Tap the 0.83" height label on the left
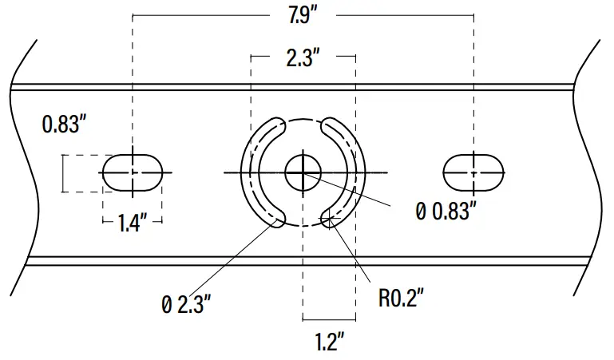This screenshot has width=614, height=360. tap(64, 125)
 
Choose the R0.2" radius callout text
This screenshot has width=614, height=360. tap(400, 299)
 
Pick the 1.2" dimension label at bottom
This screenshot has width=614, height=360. tap(328, 342)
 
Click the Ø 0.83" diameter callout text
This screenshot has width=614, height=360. tap(446, 211)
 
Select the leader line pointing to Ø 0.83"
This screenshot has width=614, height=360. tap(359, 192)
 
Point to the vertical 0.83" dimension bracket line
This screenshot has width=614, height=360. tap(64, 173)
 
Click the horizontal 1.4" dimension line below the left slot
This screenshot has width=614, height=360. tap(109, 222)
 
